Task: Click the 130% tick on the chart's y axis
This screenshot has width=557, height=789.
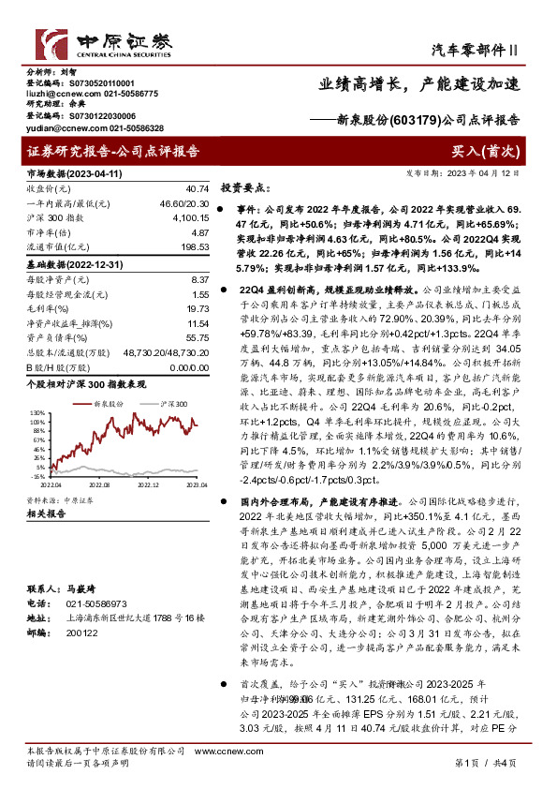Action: coord(36,411)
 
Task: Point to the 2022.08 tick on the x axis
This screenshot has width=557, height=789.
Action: coord(99,484)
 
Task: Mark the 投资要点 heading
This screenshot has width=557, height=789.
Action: coord(244,187)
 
